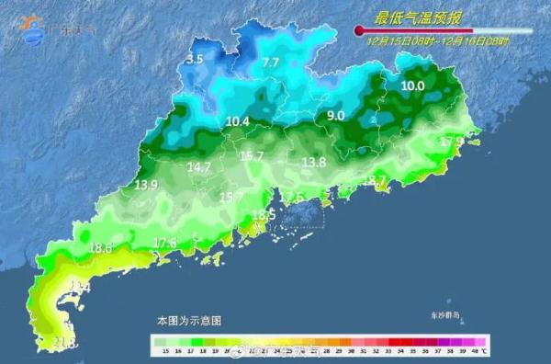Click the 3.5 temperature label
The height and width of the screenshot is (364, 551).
(x=195, y=60)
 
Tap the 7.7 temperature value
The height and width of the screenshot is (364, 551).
(x=270, y=63)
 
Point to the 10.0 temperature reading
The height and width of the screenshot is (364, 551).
(x=412, y=86)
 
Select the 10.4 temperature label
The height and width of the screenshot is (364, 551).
(x=237, y=121)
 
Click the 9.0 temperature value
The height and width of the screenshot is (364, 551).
(x=335, y=116)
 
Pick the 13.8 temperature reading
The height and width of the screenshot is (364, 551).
(x=314, y=162)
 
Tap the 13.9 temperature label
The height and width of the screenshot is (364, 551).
(x=146, y=185)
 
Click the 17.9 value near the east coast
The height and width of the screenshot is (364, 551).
(x=452, y=142)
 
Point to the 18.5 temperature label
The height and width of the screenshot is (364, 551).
(x=264, y=215)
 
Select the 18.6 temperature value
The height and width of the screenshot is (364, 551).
(x=101, y=248)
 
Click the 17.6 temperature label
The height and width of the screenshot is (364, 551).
(x=165, y=243)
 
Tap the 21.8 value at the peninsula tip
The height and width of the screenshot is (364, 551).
(x=64, y=343)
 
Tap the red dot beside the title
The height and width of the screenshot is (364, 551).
(x=359, y=31)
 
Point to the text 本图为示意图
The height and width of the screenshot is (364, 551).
(x=188, y=321)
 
